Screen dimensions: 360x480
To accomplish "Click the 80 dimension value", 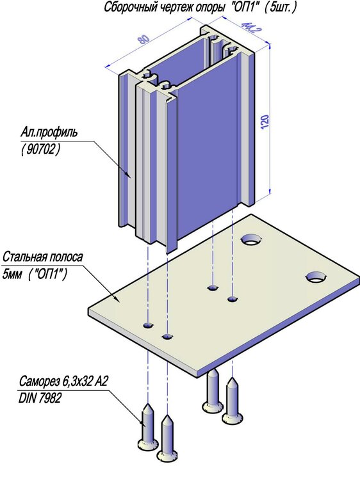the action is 143,39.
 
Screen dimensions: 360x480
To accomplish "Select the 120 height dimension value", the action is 265,122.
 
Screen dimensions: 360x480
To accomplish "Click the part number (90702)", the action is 40,149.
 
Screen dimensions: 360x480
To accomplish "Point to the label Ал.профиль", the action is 49,132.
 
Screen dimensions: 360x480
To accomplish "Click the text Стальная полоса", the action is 43,257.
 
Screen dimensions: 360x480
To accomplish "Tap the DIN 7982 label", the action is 40,398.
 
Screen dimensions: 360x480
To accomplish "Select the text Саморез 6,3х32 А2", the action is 63,381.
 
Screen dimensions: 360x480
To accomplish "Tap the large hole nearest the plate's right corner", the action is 316,277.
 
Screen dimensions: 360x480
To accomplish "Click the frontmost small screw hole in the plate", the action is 167,337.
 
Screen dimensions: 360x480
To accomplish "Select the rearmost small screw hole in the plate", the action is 213,288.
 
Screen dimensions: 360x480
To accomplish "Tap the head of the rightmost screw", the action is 233,417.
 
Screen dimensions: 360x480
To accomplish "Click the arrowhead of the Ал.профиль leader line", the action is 128,175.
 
